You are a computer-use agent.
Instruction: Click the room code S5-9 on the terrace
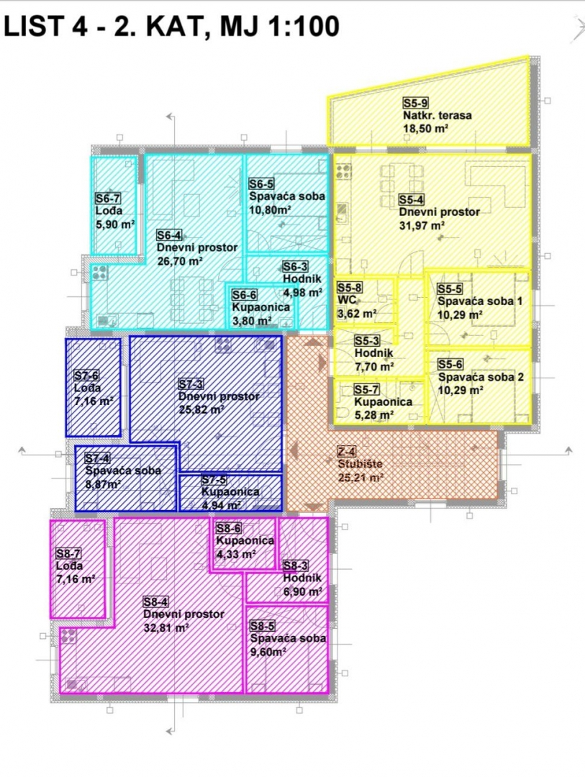415,103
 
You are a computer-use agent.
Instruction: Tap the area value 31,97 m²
422,226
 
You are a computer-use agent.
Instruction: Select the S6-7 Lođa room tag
108,199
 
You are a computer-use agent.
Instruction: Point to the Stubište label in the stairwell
360,464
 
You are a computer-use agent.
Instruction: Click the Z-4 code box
347,451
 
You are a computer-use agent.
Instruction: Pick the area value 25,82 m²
201,410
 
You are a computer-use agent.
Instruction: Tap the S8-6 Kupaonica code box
229,528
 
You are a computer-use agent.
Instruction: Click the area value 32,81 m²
166,628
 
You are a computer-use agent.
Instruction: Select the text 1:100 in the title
304,26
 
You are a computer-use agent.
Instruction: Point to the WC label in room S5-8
347,300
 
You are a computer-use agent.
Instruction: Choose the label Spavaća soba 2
481,377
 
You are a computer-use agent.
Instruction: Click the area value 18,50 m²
426,129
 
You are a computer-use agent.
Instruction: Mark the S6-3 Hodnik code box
296,267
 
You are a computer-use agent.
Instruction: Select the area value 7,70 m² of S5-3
374,367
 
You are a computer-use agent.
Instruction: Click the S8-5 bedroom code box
263,626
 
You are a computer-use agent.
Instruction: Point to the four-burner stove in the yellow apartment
343,171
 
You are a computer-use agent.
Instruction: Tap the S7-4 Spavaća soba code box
98,458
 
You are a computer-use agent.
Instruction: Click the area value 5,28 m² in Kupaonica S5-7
374,415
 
